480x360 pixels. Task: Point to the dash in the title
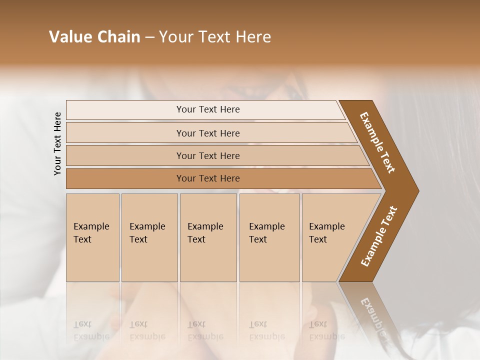pos(149,37)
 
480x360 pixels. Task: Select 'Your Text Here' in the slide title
pos(215,37)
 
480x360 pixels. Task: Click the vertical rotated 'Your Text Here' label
pos(57,143)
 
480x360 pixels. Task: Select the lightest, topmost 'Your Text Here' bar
pos(207,109)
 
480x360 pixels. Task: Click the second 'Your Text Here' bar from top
pos(207,133)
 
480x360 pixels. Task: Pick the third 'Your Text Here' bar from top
pos(207,155)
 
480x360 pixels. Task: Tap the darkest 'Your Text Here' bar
pos(207,178)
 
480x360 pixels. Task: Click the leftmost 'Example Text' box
pos(92,237)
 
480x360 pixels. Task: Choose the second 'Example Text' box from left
pos(149,237)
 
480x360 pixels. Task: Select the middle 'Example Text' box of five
pos(208,237)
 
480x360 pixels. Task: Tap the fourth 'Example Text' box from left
pos(269,237)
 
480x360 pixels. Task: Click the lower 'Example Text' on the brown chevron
pos(379,236)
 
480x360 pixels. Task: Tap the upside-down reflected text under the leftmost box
pos(91,330)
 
